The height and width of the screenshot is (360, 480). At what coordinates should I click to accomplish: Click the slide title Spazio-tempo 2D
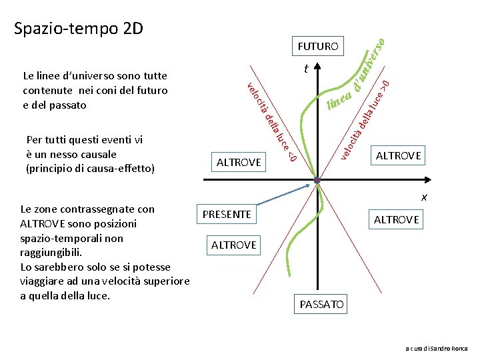pos(79,29)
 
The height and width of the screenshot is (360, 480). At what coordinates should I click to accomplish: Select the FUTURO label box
pos(318,46)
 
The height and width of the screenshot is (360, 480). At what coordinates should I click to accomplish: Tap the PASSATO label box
pos(322,305)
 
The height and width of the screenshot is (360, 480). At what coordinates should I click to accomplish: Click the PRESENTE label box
pos(227,214)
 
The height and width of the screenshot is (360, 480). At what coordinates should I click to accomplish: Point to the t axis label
pos(305,69)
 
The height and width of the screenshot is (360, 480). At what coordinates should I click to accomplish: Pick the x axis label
pos(423,197)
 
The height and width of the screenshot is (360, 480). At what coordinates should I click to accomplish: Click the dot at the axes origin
pos(318,181)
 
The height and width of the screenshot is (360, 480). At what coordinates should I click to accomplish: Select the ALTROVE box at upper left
pos(239,161)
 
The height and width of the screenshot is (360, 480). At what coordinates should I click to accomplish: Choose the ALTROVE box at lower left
pos(233,245)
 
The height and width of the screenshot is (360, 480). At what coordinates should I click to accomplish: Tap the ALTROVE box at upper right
pos(398,155)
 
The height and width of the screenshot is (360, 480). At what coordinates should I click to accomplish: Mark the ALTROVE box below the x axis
pos(397,219)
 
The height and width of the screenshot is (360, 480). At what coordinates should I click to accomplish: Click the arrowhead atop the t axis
pos(318,67)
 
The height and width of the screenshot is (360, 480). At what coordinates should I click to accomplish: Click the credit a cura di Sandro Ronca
pos(437,349)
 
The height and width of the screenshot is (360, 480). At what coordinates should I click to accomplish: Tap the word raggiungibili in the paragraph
pos(51,253)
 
